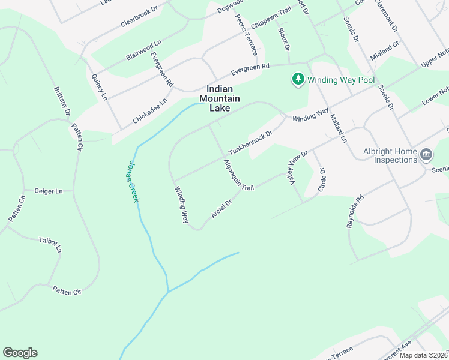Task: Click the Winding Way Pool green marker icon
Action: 298,79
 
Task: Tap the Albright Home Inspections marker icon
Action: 426,155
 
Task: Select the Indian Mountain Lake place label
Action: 220,98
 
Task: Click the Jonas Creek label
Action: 133,181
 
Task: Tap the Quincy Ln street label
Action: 99,87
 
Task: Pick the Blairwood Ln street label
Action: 144,50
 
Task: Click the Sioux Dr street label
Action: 284,38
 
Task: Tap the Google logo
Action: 20,353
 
